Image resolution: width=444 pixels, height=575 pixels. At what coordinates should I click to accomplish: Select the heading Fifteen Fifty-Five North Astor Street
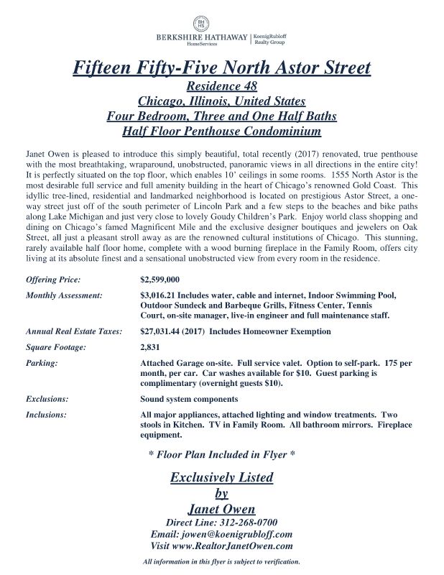tap(222, 68)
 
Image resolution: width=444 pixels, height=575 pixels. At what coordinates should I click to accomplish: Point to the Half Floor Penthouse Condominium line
tap(222, 132)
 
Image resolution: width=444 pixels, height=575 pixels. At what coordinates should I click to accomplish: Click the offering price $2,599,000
tap(159, 278)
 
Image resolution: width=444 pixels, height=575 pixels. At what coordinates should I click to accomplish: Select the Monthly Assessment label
tap(64, 295)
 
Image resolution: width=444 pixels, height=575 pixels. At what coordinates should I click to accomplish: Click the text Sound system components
tap(189, 398)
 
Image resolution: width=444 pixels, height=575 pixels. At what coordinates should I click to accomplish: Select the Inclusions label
tap(46, 415)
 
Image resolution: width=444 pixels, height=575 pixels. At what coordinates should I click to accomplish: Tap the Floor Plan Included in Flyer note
tap(221, 455)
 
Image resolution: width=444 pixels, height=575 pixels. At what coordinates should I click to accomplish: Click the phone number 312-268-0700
tap(246, 522)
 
